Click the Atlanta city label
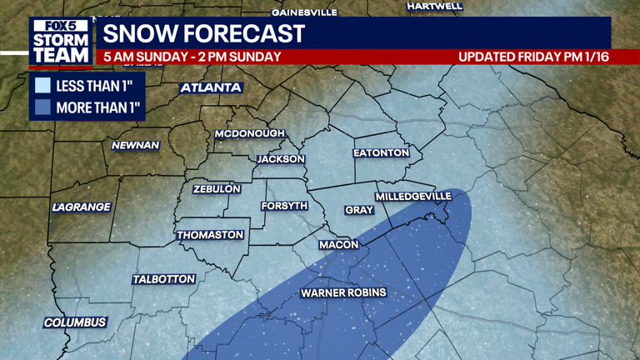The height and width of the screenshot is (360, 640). pyautogui.click(x=211, y=87)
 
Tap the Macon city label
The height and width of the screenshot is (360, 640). pyautogui.click(x=339, y=245)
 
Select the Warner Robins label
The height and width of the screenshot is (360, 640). pyautogui.click(x=343, y=292)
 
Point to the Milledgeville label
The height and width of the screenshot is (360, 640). pyautogui.click(x=413, y=196)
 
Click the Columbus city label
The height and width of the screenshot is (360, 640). pyautogui.click(x=75, y=322)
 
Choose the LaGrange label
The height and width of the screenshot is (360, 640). pyautogui.click(x=81, y=207)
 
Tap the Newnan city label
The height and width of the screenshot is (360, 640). pyautogui.click(x=136, y=145)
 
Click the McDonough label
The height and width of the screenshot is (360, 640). pyautogui.click(x=249, y=133)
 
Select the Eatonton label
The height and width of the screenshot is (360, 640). pyautogui.click(x=381, y=153)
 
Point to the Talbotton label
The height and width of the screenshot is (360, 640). pyautogui.click(x=163, y=279)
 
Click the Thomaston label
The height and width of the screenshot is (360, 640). pyautogui.click(x=210, y=235)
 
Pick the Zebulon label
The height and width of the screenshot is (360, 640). pyautogui.click(x=217, y=189)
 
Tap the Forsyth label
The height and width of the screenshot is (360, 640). pyautogui.click(x=284, y=206)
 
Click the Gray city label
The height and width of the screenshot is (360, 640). pyautogui.click(x=359, y=210)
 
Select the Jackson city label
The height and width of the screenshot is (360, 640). pyautogui.click(x=281, y=158)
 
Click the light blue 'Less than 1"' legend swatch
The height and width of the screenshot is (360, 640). pyautogui.click(x=43, y=85)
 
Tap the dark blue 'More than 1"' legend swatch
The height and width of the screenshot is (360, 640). pyautogui.click(x=43, y=107)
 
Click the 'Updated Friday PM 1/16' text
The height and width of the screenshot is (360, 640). pyautogui.click(x=532, y=57)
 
